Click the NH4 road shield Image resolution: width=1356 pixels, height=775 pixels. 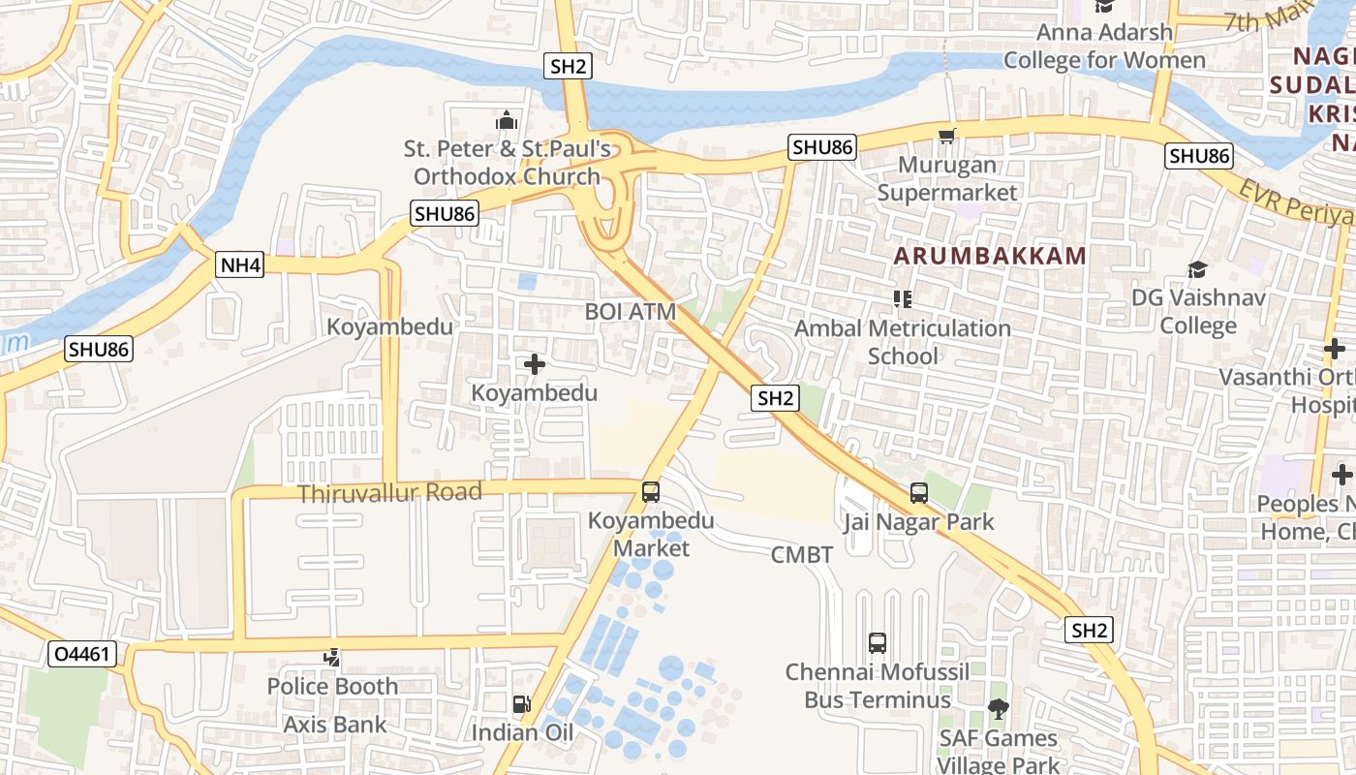[x=240, y=264]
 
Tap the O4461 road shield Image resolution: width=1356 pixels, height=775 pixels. [x=82, y=655]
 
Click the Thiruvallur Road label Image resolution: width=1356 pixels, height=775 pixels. [x=389, y=493]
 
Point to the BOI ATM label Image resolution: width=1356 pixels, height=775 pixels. [x=630, y=311]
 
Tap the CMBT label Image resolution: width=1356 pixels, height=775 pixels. [x=802, y=555]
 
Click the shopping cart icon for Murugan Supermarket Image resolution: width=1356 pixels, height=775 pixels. [x=946, y=137]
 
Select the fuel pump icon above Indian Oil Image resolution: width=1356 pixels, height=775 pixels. [x=521, y=704]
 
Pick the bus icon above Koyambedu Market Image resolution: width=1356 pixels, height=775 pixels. [x=651, y=492]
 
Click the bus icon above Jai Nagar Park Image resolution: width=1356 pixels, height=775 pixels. [x=919, y=493]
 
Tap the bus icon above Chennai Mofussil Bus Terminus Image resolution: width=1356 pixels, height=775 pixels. [x=878, y=642]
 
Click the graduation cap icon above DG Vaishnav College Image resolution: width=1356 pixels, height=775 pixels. [x=1198, y=269]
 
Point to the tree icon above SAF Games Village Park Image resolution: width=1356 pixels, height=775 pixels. [x=997, y=709]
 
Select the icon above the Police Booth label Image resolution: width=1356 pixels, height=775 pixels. [x=332, y=658]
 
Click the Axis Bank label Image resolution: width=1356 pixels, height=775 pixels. [x=334, y=724]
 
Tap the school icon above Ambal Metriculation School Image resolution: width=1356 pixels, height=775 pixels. [x=903, y=299]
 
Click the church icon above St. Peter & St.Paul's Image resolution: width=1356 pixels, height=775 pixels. [x=507, y=121]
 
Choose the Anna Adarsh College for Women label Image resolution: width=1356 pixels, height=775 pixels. [x=1104, y=46]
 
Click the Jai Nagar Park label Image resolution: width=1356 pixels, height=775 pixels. [x=918, y=522]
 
